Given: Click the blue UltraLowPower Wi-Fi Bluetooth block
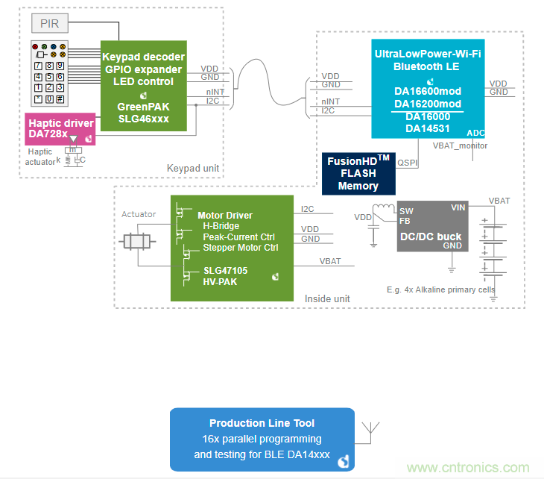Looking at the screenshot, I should tap(428, 88).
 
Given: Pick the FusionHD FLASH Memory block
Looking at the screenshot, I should tap(358, 174).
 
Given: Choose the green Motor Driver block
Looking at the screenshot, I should tap(230, 248).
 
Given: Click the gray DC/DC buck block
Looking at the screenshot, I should tap(432, 225).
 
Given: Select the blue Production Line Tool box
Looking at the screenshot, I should tap(262, 439).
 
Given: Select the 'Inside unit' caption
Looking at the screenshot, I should tap(327, 298).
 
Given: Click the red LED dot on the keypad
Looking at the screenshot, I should tap(35, 46).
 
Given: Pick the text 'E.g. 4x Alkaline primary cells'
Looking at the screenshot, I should tap(441, 289).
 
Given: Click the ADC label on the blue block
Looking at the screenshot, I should tap(476, 132).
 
